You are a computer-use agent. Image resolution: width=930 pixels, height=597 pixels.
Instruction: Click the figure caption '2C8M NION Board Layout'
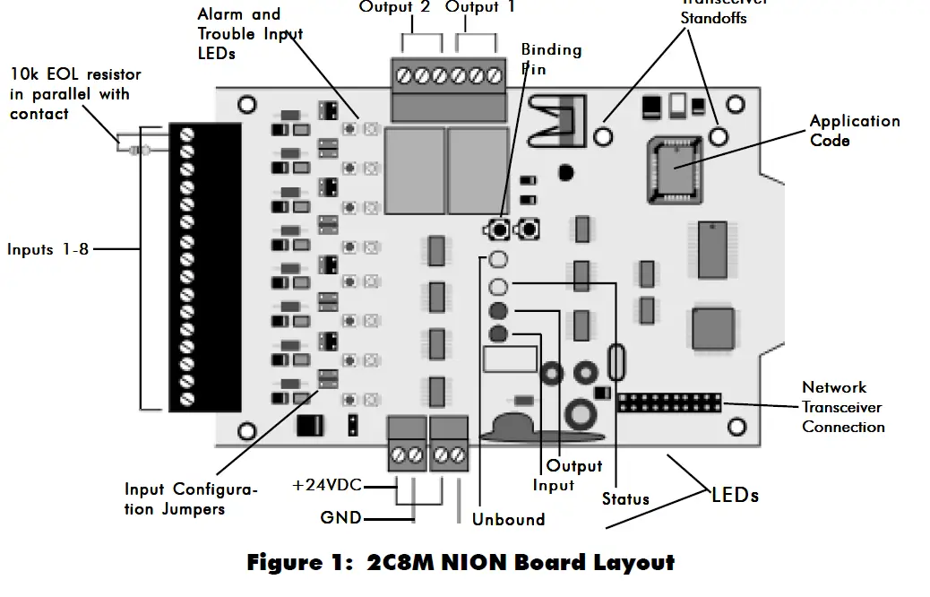pyautogui.click(x=461, y=564)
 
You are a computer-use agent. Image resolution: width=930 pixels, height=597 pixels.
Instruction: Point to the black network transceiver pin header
pyautogui.click(x=669, y=401)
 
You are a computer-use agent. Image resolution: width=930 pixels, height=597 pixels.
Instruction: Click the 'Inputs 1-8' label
pyautogui.click(x=47, y=250)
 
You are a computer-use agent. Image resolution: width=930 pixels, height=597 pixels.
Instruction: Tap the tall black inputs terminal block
pyautogui.click(x=205, y=267)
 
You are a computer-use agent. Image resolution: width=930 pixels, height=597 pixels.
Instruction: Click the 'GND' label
pyautogui.click(x=340, y=517)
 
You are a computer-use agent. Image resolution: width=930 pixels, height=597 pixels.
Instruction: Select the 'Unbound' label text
pyautogui.click(x=508, y=519)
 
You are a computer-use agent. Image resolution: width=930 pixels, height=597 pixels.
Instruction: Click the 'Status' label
pyautogui.click(x=624, y=499)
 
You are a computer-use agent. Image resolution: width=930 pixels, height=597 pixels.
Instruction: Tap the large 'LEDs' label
pyautogui.click(x=735, y=495)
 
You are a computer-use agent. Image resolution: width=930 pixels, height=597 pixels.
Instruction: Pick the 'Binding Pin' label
pyautogui.click(x=550, y=58)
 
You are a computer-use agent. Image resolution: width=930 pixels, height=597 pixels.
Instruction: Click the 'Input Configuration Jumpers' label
pyautogui.click(x=191, y=499)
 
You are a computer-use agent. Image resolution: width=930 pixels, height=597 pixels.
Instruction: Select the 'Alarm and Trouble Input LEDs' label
pyautogui.click(x=249, y=34)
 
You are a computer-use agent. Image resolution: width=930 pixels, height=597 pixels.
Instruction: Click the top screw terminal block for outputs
pyautogui.click(x=445, y=77)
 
